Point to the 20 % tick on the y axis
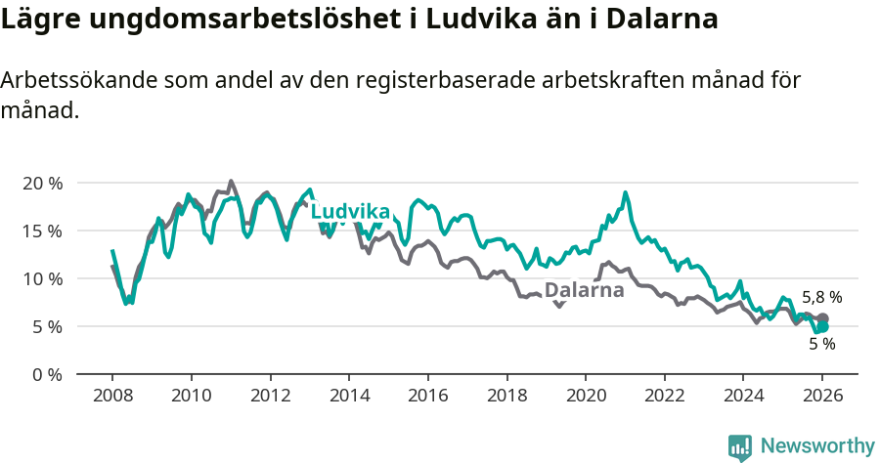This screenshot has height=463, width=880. (42, 183)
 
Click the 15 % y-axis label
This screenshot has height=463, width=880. (42, 231)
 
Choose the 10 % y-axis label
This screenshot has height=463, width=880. (42, 278)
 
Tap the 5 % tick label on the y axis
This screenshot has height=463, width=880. (47, 326)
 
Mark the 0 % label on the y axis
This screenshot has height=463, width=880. (47, 374)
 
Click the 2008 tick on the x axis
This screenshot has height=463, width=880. (112, 397)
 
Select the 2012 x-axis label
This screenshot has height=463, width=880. (270, 397)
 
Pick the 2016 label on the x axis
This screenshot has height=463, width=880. (428, 397)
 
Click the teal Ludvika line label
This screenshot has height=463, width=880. (350, 212)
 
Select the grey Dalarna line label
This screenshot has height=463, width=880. (584, 290)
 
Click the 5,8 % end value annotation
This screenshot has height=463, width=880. (821, 297)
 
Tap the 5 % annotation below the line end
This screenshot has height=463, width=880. (821, 344)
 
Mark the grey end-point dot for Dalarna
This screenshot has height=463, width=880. (823, 318)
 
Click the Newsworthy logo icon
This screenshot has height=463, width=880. (740, 446)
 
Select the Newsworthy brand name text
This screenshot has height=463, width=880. (817, 446)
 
